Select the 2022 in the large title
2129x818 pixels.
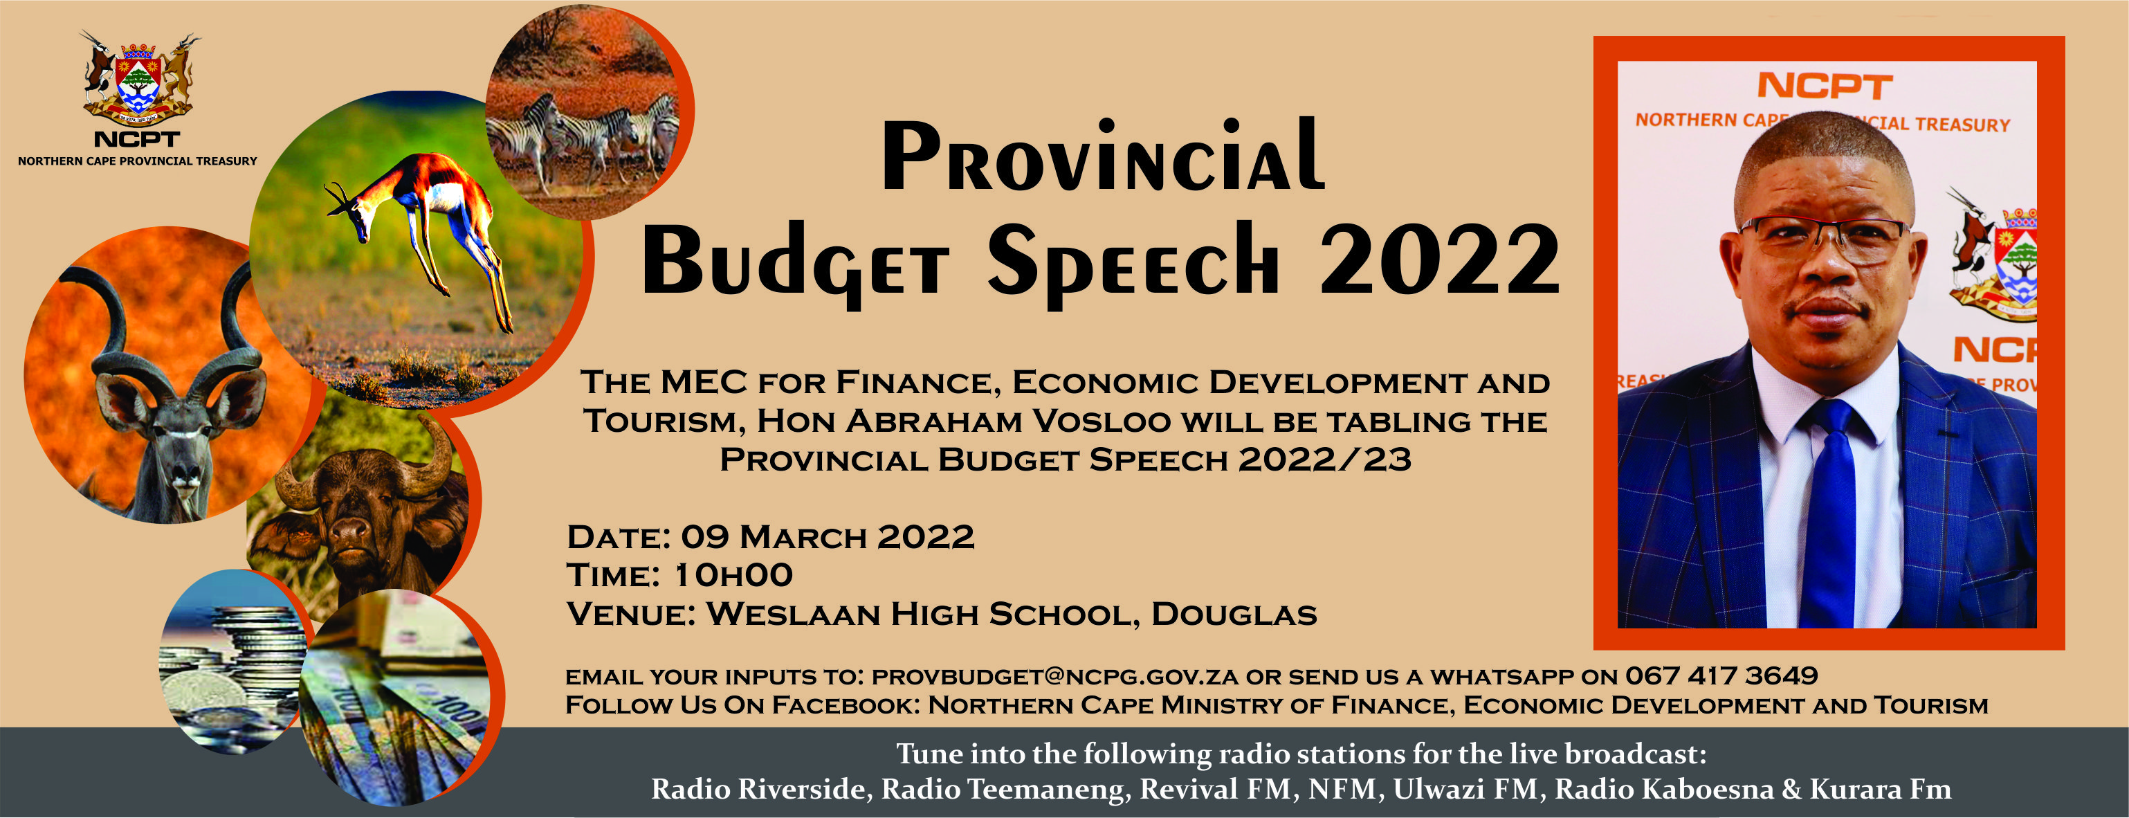tap(1439, 260)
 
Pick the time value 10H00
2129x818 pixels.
tap(733, 576)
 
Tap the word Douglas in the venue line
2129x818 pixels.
tap(1233, 614)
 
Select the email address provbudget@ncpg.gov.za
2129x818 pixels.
tap(1054, 677)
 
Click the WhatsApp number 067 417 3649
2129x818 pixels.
tap(1721, 676)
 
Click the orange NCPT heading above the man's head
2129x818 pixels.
tap(1824, 86)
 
